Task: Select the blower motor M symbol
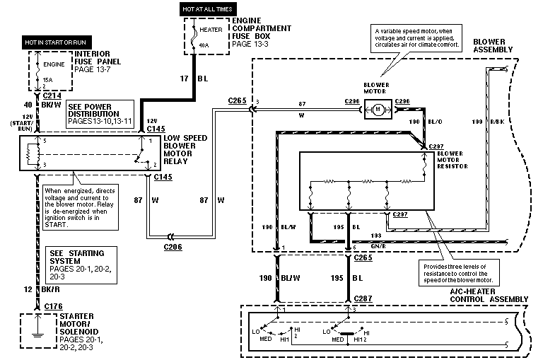pyautogui.click(x=378, y=109)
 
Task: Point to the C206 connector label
pyautogui.click(x=174, y=247)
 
